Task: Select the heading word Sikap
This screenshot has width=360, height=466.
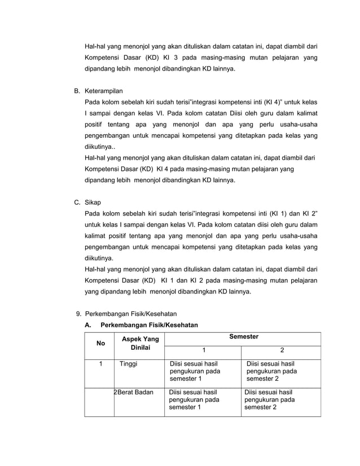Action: point(93,202)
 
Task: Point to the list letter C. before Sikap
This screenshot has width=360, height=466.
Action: point(77,202)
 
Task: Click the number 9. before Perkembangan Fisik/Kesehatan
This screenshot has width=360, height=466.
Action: point(79,314)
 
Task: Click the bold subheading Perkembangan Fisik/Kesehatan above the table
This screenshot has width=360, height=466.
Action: point(149,325)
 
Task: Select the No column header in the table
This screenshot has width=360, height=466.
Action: point(100,343)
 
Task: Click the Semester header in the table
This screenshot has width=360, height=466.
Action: point(244,337)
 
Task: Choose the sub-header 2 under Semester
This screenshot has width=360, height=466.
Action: point(282,350)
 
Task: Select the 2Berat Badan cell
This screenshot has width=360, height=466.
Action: point(134,392)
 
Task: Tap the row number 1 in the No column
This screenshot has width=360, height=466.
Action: point(100,364)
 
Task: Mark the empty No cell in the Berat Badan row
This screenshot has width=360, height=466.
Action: point(99,401)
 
